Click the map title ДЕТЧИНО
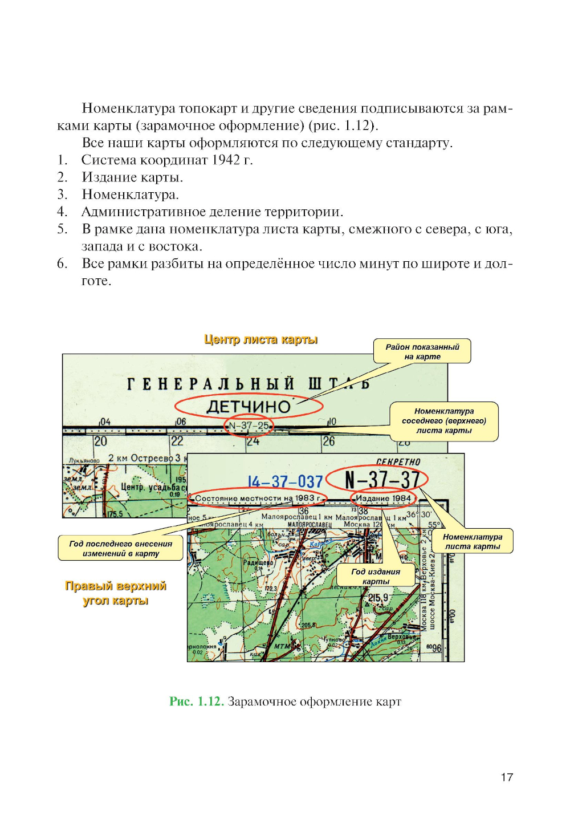tap(249, 407)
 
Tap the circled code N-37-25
tap(249, 425)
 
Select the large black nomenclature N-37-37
tap(382, 480)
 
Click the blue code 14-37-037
tap(285, 482)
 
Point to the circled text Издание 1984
tap(383, 498)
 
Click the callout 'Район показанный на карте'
tap(422, 351)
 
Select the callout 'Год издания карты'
tap(376, 576)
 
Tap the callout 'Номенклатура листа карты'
tap(473, 541)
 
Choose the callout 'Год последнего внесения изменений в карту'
tap(120, 548)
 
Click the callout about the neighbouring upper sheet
tap(443, 421)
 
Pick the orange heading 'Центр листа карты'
tap(260, 339)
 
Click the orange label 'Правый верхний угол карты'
tap(116, 593)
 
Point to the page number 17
tap(507, 777)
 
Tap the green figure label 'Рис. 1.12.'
tap(196, 702)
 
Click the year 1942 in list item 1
tap(226, 160)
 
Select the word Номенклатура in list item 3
tap(130, 194)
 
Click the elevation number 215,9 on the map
tap(378, 598)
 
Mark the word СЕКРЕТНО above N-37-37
tap(398, 462)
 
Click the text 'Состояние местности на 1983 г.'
tap(258, 498)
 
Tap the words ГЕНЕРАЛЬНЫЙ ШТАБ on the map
tap(248, 384)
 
